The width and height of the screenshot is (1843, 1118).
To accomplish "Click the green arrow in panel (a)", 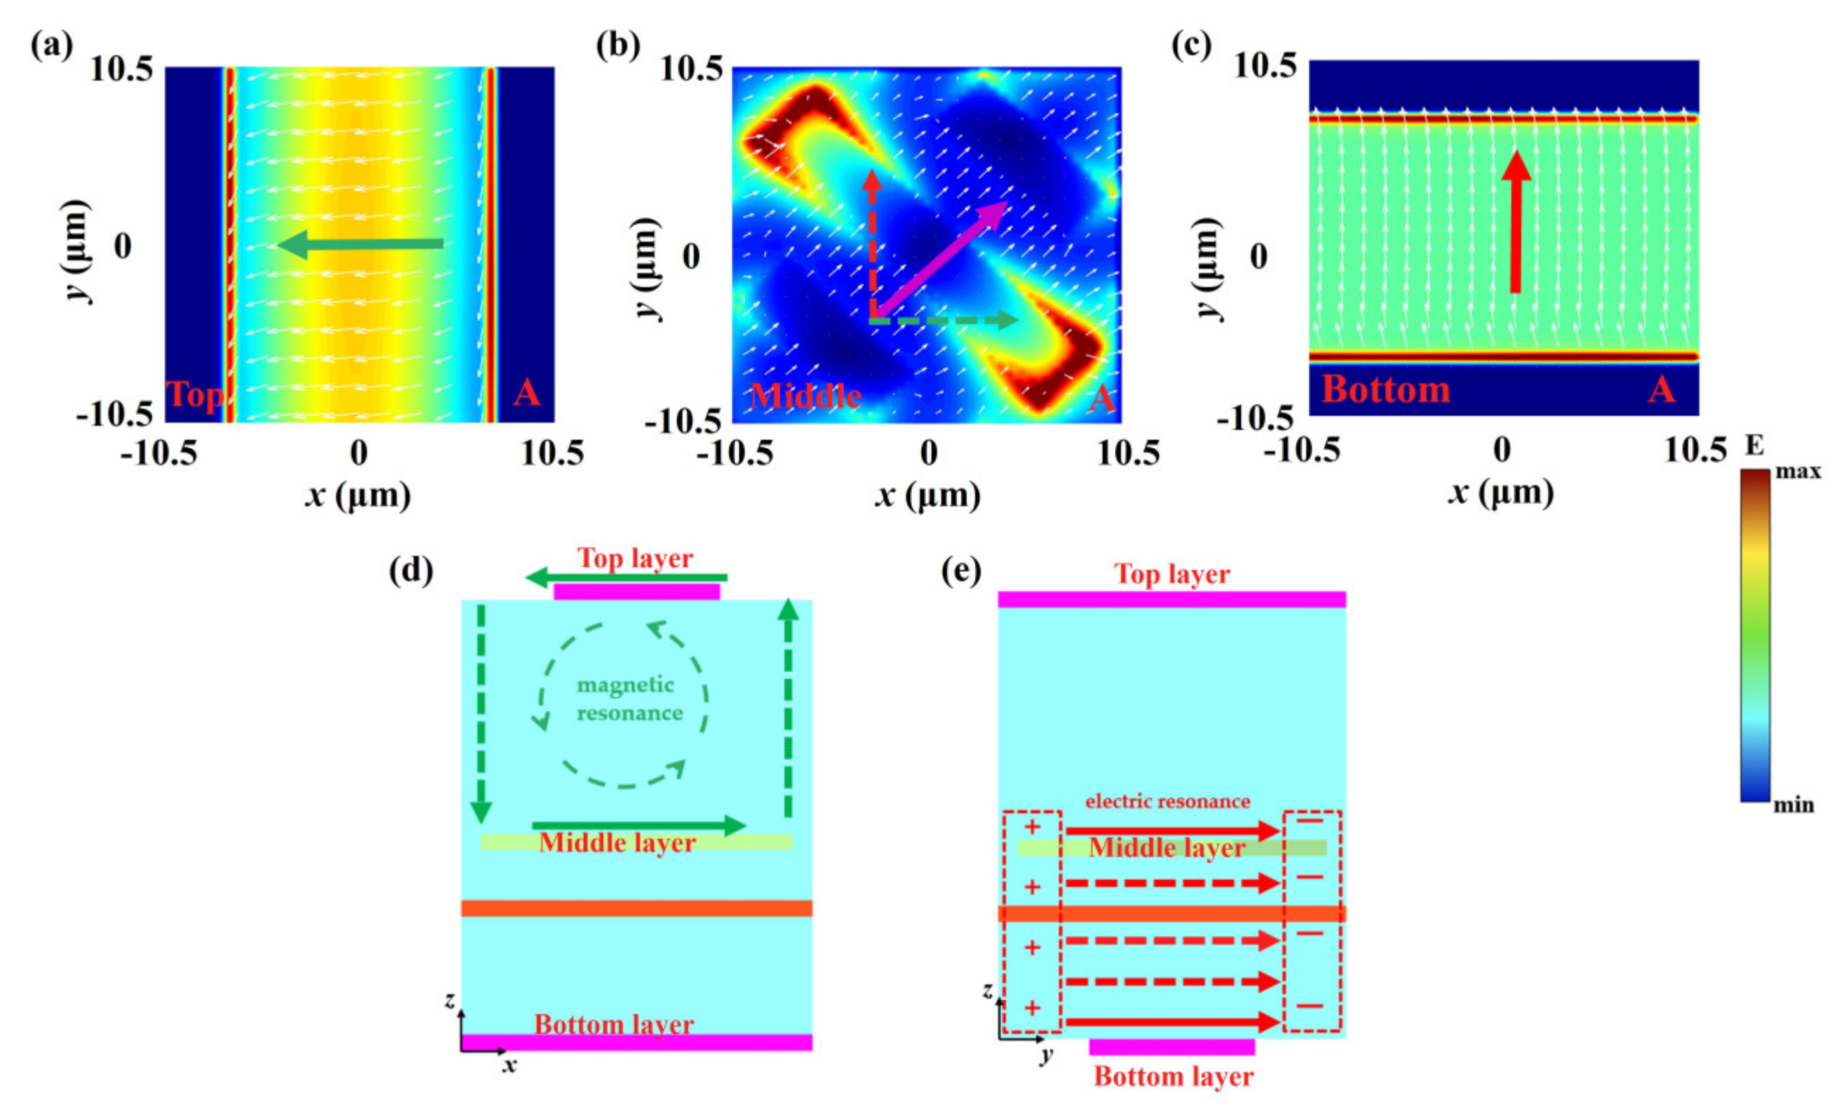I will pos(359,244).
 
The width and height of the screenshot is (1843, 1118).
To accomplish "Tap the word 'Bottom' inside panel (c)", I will pos(1385,389).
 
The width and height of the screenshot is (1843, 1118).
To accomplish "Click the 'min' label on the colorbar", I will pos(1794,805).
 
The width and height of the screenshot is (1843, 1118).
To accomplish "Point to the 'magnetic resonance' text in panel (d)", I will pos(628,698).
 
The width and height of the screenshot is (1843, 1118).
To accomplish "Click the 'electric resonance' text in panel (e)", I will pos(1168,801).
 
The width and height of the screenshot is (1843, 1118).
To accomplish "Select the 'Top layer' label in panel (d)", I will pos(635,558).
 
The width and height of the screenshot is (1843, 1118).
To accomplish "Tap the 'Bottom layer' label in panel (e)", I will pos(1173,1076).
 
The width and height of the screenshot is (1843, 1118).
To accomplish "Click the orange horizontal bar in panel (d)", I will pos(636,908).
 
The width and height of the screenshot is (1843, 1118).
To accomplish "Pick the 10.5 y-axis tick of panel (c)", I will pos(1264,66).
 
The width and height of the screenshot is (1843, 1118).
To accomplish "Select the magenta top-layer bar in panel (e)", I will pos(1171,600).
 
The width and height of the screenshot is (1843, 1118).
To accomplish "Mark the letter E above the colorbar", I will pos(1753,447).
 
